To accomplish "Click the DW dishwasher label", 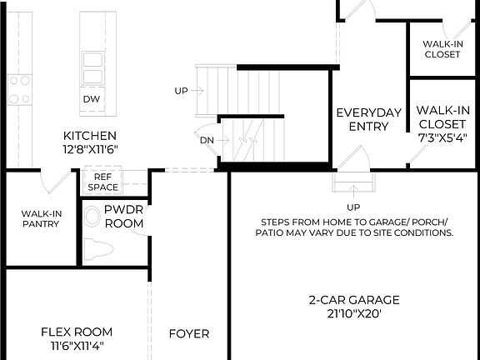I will click(91, 99).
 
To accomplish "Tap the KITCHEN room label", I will click(89, 135).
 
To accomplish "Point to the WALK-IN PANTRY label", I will click(39, 218).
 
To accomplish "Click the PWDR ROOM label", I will click(124, 217).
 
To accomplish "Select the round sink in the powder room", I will click(92, 218).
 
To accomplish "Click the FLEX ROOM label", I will click(72, 332).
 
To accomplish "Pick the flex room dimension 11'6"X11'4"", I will click(72, 347).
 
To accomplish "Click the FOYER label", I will click(189, 334).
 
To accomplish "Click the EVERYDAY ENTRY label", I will click(362, 119).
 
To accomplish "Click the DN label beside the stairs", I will click(207, 140).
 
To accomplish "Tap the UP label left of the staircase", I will click(181, 90).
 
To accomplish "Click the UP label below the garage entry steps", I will click(353, 207).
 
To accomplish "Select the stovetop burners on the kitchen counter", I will click(17, 89).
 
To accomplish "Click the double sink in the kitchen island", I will click(92, 67).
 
